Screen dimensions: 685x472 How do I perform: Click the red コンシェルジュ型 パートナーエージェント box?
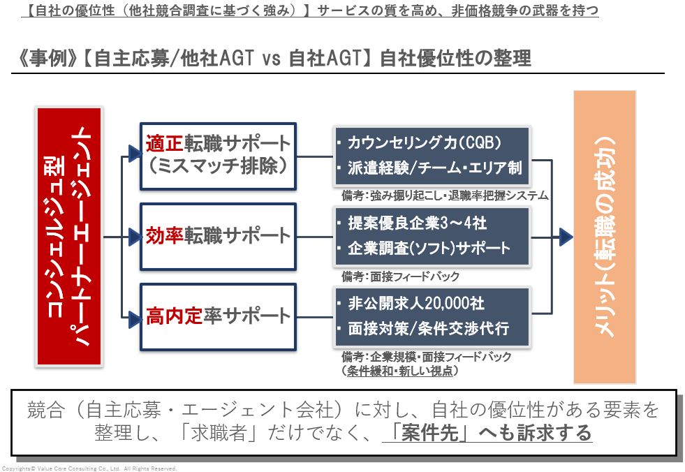click(69, 237)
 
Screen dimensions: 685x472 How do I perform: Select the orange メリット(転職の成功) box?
click(605, 237)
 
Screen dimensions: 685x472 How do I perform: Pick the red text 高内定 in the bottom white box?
click(174, 316)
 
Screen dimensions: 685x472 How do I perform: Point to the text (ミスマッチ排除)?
click(218, 166)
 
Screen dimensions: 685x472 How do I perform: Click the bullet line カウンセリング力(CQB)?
click(420, 143)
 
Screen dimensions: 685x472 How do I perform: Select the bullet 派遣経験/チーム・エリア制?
click(430, 168)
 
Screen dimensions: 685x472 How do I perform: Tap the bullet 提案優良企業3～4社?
click(412, 223)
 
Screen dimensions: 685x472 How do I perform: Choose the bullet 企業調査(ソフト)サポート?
click(424, 249)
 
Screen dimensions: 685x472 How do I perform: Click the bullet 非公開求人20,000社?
click(411, 303)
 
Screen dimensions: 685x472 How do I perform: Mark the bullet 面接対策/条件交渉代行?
click(423, 329)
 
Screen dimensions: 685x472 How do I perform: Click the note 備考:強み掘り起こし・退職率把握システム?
click(445, 196)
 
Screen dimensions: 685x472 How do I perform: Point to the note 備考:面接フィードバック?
click(400, 276)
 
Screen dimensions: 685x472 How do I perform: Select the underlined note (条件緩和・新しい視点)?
click(400, 371)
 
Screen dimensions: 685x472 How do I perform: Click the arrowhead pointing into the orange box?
click(566, 237)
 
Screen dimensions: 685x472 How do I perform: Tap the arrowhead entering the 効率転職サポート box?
click(135, 237)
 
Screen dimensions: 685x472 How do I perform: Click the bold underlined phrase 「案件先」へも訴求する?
click(487, 433)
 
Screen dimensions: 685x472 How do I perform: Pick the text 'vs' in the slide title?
click(271, 59)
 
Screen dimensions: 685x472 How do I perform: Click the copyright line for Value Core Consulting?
click(89, 469)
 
